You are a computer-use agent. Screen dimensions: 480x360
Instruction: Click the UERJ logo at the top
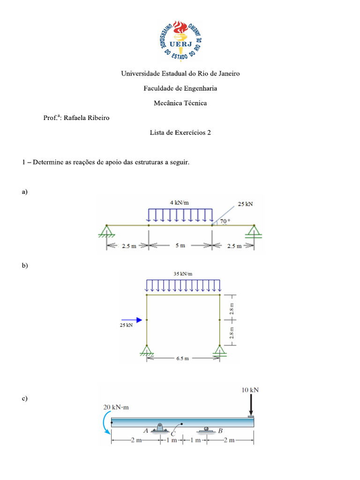[180, 41]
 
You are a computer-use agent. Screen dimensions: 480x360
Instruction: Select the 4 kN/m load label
[180, 202]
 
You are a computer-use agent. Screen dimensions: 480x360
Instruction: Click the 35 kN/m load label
[183, 274]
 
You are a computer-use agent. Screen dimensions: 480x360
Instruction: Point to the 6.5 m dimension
[183, 359]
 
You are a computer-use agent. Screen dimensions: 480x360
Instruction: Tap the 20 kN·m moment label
[116, 407]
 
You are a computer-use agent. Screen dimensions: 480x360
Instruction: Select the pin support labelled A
[161, 428]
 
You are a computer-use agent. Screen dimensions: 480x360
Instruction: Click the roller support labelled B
[206, 429]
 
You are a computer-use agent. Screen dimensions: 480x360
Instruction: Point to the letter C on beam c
[173, 434]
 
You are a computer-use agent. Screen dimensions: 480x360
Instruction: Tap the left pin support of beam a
[107, 232]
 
